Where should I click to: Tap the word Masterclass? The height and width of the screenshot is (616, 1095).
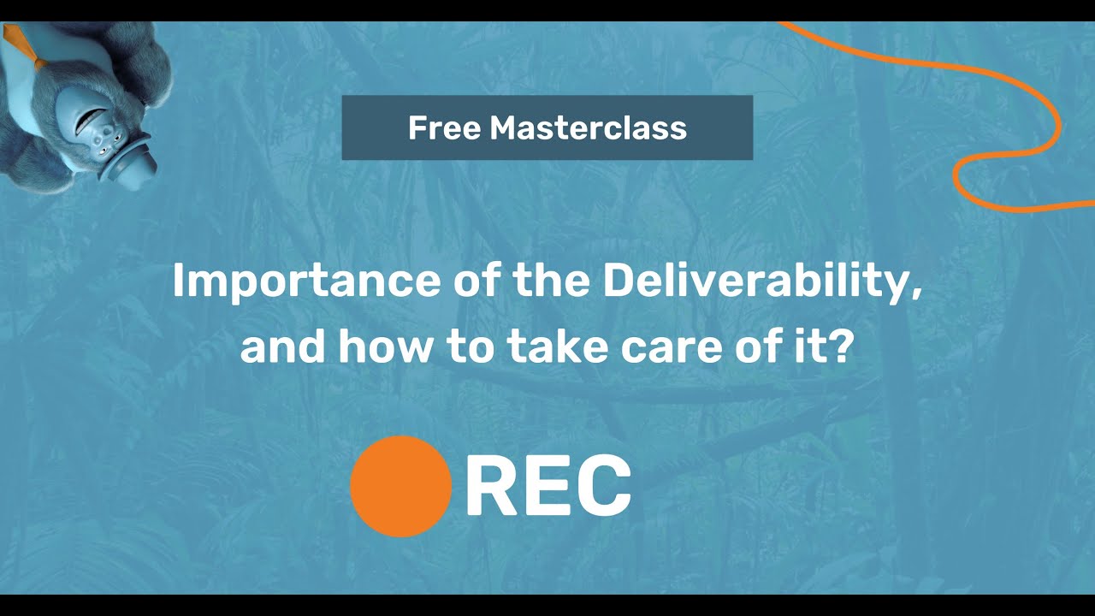(588, 128)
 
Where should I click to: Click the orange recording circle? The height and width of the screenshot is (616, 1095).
(400, 486)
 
